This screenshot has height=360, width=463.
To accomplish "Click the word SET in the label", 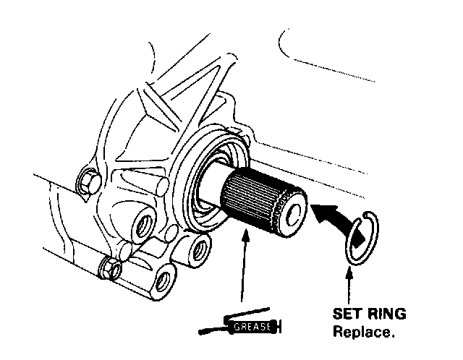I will pyautogui.click(x=346, y=315).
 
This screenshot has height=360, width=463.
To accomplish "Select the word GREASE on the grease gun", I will pyautogui.click(x=252, y=327).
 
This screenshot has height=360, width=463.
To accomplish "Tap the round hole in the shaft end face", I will pyautogui.click(x=295, y=214).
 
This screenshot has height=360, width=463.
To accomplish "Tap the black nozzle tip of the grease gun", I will pyautogui.click(x=210, y=330).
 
